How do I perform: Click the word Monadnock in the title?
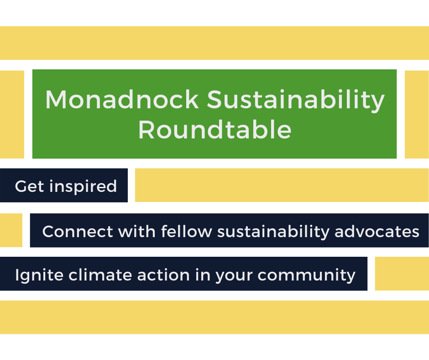coord(122,99)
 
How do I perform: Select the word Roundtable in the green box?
coord(215,130)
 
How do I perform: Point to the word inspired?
coord(83,187)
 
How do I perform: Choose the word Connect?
coord(78,232)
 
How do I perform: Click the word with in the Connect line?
coord(137,231)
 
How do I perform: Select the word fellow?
coord(187,231)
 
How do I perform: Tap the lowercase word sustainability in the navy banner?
coord(273,233)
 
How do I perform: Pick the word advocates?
coord(377,232)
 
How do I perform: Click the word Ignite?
coord(39,275)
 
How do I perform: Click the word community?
coord(306,275)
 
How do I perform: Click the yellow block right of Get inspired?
coord(282,185)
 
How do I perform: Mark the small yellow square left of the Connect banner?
coord(11,230)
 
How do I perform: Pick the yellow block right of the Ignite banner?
coord(402,274)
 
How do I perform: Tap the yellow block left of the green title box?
coord(12,114)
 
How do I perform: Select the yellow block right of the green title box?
coord(417,114)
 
